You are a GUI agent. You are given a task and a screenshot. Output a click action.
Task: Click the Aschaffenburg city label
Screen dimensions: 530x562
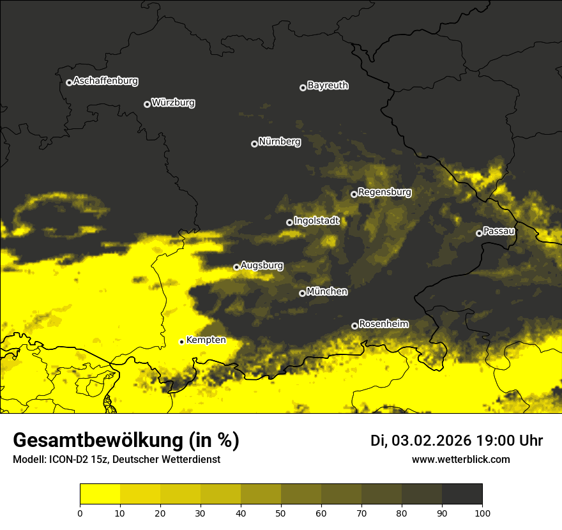(105, 81)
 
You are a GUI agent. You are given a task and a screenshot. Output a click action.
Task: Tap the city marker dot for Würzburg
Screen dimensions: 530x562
(147, 104)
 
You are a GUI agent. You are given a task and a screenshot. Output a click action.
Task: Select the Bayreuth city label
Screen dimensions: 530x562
(328, 86)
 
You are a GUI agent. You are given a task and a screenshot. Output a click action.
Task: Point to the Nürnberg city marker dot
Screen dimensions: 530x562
(254, 144)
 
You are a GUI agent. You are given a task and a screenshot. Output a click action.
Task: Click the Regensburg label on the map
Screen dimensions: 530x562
(384, 192)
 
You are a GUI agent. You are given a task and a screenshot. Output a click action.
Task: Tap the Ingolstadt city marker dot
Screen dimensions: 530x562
(289, 222)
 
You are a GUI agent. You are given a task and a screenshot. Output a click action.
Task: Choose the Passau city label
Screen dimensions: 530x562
(499, 231)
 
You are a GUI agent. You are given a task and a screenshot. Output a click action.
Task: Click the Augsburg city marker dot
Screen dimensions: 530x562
(236, 267)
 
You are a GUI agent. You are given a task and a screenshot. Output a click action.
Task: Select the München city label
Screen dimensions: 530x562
(327, 292)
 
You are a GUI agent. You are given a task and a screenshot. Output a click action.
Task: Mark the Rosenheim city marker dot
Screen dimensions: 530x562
(354, 326)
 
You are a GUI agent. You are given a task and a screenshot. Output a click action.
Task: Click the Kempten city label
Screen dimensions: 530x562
(206, 340)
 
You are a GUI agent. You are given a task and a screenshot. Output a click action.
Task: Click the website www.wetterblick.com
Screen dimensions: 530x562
(460, 459)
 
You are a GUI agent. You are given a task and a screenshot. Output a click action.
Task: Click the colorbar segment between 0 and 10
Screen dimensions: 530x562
(100, 494)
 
